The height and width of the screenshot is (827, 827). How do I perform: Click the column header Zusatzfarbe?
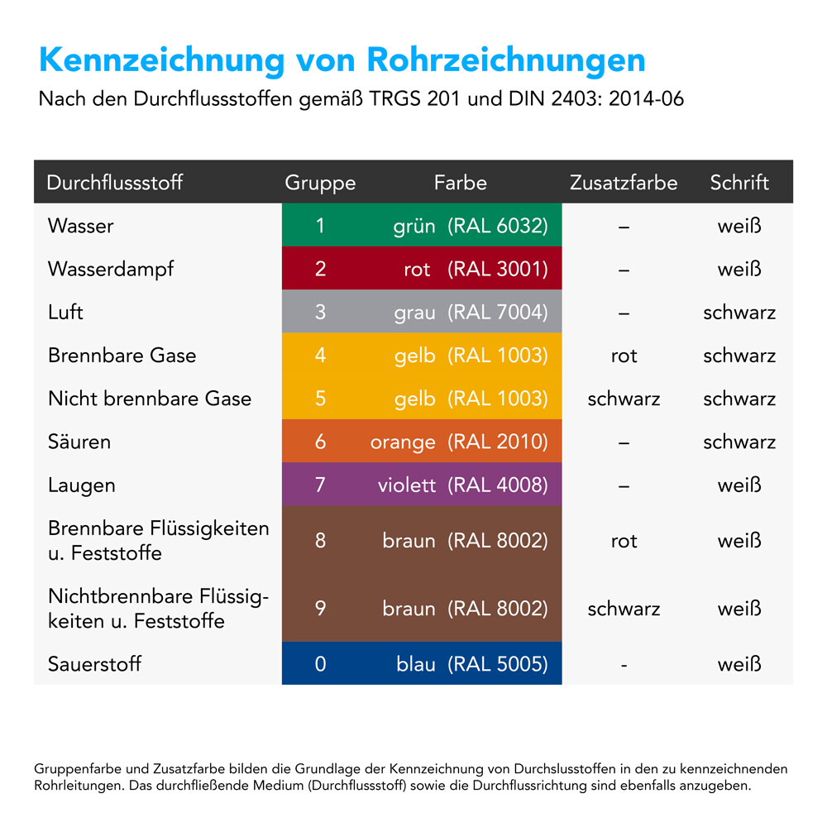[624, 183]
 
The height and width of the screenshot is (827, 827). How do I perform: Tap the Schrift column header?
[739, 183]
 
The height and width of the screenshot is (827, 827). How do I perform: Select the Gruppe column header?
[320, 183]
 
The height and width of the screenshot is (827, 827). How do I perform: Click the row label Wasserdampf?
[111, 269]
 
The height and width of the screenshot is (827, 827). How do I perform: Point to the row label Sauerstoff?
[94, 663]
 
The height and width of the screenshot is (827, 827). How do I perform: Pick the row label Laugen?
[81, 485]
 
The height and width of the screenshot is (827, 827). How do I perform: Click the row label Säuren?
[79, 442]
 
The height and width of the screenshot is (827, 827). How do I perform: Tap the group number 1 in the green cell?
[320, 226]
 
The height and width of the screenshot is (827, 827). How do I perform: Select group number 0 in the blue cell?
[320, 663]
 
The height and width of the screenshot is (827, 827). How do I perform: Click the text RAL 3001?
[498, 269]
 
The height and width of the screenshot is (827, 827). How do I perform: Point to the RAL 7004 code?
[498, 313]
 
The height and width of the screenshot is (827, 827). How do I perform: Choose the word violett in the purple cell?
[406, 485]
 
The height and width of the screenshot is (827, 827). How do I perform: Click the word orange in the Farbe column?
[403, 442]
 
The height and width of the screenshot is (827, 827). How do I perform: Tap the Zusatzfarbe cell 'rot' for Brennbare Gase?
[624, 356]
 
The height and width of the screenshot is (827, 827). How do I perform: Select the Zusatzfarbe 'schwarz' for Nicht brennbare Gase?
[624, 399]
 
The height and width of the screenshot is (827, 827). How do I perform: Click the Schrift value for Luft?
[739, 313]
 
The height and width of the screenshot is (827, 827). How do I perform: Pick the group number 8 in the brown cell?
[320, 541]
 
